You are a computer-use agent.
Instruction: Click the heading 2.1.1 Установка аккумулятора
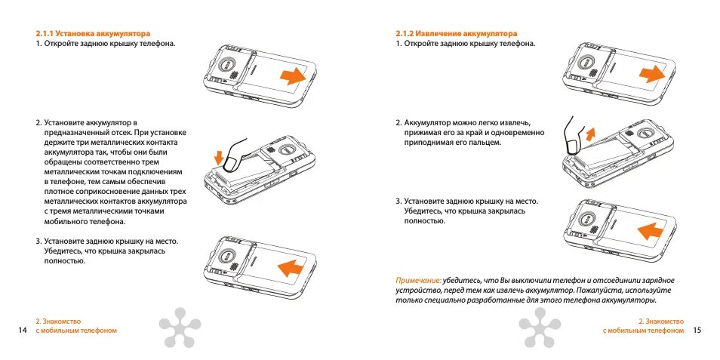[93, 33]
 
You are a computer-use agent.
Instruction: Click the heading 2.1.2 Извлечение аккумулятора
[456, 33]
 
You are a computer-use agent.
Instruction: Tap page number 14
[23, 330]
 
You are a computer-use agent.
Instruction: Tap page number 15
[697, 330]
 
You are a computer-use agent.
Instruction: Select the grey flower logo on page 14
[180, 328]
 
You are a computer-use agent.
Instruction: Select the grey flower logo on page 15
[540, 328]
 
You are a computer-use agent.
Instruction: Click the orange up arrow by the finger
[590, 134]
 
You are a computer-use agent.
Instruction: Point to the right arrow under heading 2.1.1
[292, 75]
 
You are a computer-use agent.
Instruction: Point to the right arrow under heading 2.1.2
[651, 73]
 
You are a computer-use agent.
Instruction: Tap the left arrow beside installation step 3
[293, 268]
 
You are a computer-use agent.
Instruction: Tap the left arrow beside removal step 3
[651, 230]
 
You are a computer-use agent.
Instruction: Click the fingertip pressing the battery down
[232, 161]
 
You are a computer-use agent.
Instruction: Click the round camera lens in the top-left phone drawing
[226, 65]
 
